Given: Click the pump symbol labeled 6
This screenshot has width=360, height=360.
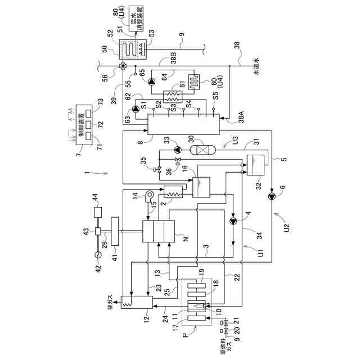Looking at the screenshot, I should pos(273,196).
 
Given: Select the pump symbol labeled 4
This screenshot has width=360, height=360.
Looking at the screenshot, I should pos(233,221).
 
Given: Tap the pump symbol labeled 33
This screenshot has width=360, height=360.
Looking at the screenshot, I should pos(178,150).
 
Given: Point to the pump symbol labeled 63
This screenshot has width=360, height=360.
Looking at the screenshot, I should pos(134,109).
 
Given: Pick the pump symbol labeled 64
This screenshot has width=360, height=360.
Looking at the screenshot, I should pos(150,81).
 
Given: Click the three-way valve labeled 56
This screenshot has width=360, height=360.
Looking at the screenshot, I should pos(122,67).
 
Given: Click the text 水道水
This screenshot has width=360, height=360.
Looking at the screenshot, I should pos(256,67).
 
